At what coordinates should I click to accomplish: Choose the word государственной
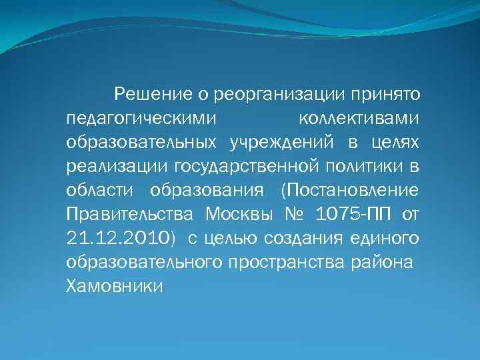(253, 166)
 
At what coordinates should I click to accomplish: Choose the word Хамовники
(115, 286)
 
